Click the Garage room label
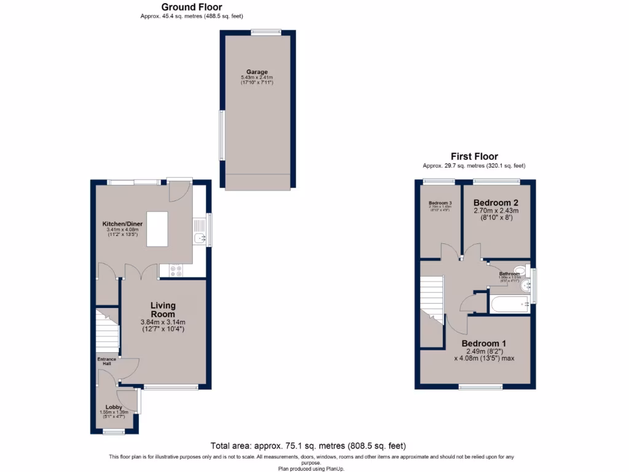[257, 72]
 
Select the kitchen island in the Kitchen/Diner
[157, 229]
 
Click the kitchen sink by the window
[199, 238]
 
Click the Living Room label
[163, 310]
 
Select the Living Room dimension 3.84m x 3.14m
[163, 322]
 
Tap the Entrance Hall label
[106, 361]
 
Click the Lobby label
[114, 407]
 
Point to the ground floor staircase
[107, 332]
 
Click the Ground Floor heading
[192, 7]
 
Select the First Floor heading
[474, 157]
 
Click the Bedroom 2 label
[496, 203]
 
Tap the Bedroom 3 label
[440, 203]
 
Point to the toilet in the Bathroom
[520, 270]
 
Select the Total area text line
[308, 446]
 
